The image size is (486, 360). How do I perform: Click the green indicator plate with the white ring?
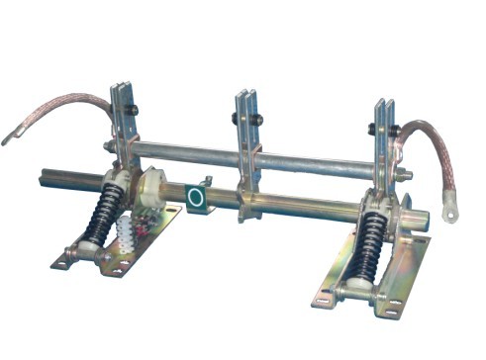(x=196, y=197)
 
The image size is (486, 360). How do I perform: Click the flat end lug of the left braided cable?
(x=13, y=136)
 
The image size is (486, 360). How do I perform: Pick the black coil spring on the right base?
(x=371, y=238)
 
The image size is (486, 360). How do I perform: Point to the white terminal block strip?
(x=126, y=237)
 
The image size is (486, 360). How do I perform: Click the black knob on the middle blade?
(x=236, y=119)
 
